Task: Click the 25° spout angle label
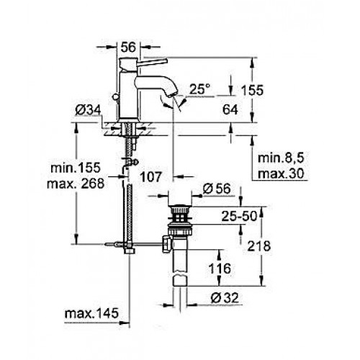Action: point(199,89)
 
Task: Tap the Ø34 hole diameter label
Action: point(88,110)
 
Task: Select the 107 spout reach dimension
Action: point(150,177)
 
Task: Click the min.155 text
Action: point(76,168)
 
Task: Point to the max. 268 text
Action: point(76,184)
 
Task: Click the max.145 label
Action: point(91,313)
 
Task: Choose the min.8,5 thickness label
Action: point(281,158)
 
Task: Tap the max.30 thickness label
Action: point(281,174)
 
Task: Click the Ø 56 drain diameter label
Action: point(217,189)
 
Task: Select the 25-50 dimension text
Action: point(239,216)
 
